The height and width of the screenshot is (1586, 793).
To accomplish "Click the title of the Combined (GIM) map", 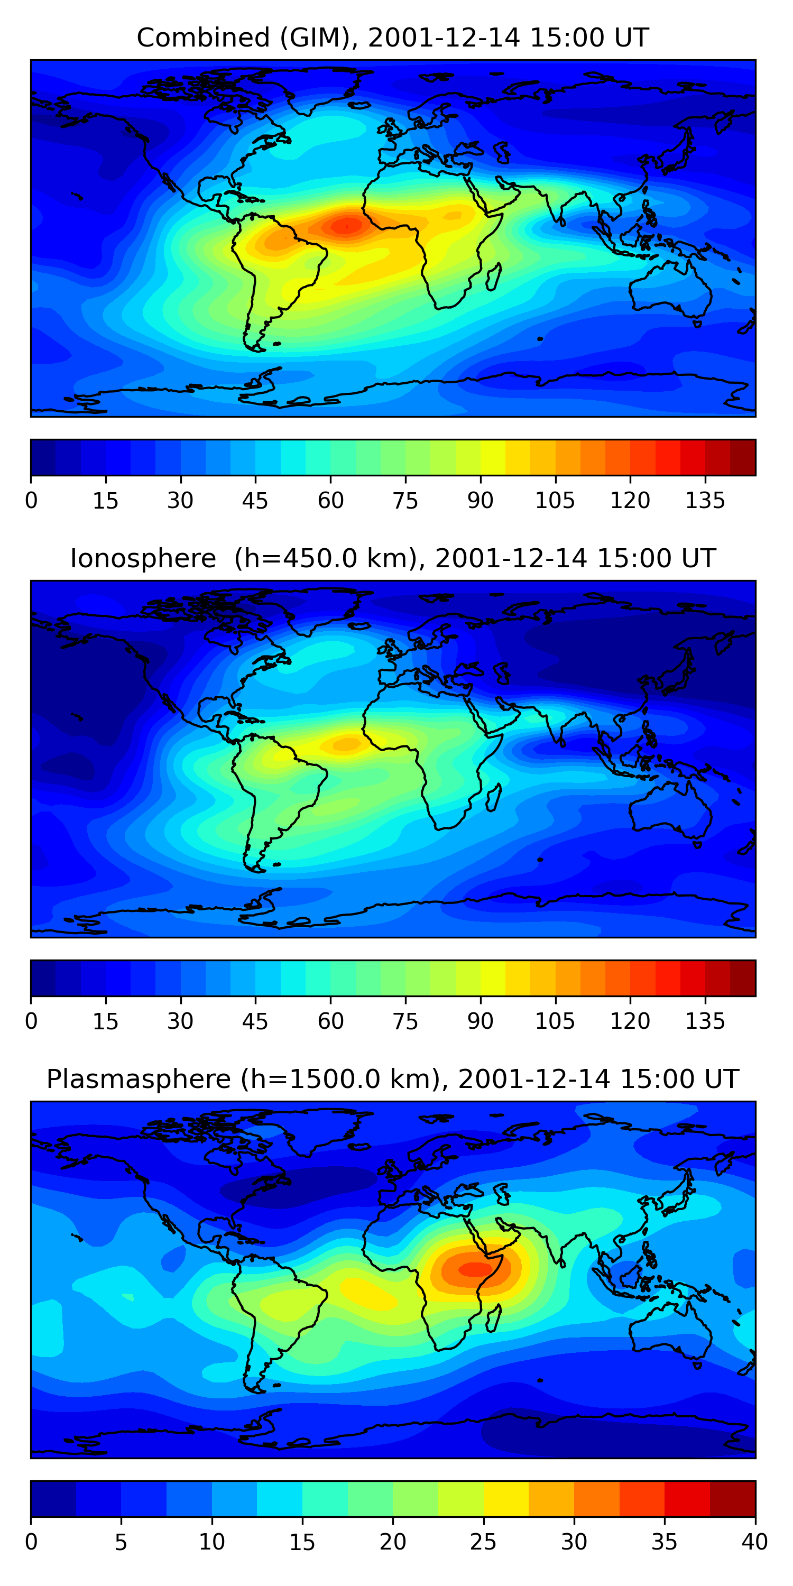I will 392,38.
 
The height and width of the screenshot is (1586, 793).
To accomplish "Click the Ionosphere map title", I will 392,558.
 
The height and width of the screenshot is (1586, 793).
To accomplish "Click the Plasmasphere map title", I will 392,1080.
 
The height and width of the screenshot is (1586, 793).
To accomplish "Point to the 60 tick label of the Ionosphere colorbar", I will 330,1021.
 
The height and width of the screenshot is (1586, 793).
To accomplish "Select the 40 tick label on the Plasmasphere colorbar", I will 754,1542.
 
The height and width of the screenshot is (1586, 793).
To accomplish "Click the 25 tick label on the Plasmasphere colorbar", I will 483,1542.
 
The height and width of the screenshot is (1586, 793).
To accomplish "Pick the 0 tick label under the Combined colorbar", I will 31,501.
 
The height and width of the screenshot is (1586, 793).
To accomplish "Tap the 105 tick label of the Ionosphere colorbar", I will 555,1021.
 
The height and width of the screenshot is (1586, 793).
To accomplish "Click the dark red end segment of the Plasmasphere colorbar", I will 733,1499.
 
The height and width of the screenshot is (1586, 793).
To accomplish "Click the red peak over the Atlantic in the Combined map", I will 346,226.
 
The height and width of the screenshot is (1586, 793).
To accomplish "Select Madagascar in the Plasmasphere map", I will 493,1317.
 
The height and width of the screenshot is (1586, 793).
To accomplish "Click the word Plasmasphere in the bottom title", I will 139,1080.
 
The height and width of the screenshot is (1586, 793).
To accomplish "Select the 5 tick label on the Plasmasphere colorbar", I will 121,1542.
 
